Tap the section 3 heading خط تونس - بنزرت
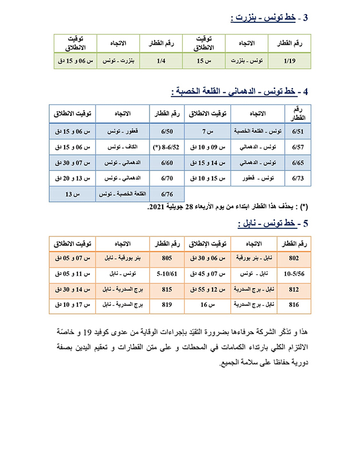tap(269, 18)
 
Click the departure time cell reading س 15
tap(205, 60)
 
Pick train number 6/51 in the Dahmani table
tap(298, 131)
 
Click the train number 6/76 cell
tap(167, 195)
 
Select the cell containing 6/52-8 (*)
tap(168, 147)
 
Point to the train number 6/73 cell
tap(298, 178)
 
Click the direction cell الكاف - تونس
tap(123, 147)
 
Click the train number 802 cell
tap(295, 258)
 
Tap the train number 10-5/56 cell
tap(295, 274)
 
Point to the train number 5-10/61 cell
tap(167, 274)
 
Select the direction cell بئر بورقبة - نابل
tap(123, 258)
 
